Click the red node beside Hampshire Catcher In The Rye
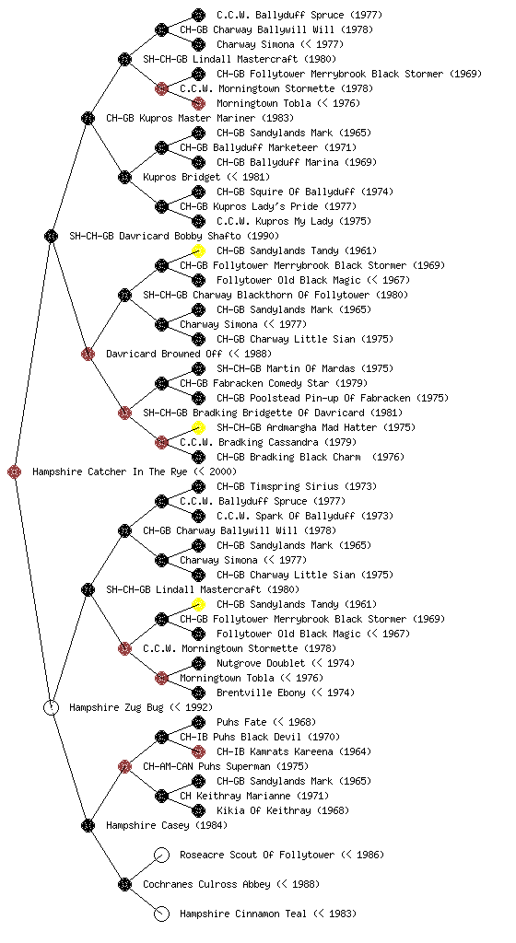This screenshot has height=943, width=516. [x=15, y=472]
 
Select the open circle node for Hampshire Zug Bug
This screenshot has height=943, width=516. [x=51, y=708]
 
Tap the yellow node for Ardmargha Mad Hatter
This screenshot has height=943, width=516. [x=198, y=427]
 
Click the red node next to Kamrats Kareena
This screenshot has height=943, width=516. [x=198, y=751]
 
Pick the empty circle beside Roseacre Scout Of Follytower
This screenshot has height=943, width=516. [x=162, y=856]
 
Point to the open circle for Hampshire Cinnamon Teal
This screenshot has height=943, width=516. [x=162, y=914]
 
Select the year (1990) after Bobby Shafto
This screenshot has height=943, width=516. [x=263, y=236]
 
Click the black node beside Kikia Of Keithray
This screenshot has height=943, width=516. [x=198, y=810]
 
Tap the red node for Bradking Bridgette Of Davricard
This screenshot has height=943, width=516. [x=124, y=413]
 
